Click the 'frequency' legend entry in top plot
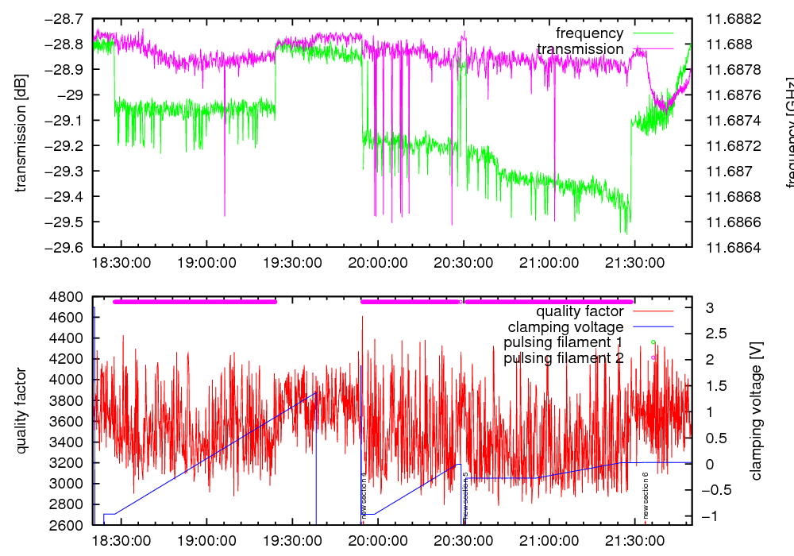(589, 33)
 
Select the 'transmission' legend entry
(580, 49)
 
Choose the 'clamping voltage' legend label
(566, 326)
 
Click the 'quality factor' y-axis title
(21, 411)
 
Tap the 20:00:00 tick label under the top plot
(378, 261)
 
